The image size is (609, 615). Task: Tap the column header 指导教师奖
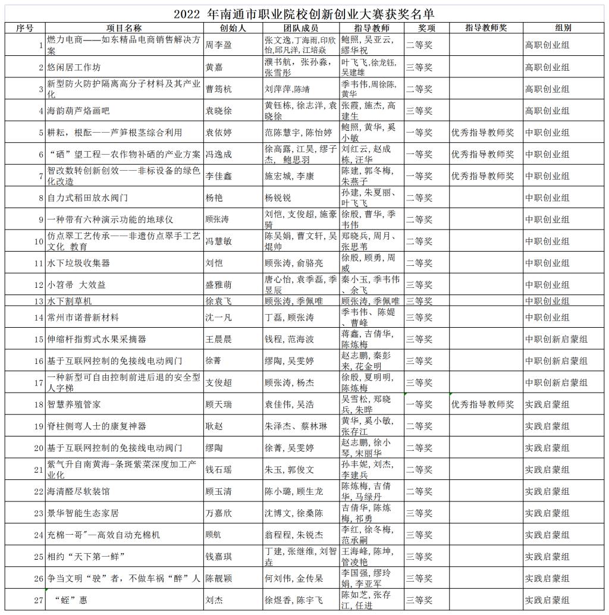click(486, 28)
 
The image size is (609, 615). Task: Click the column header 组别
click(563, 28)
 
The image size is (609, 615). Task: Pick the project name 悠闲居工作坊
click(74, 67)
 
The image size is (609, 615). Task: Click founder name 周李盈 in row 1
click(218, 45)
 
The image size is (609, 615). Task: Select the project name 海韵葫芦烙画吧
click(79, 111)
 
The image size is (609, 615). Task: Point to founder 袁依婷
click(218, 133)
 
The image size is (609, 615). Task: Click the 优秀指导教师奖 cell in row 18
click(482, 404)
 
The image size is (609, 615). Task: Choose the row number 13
click(39, 301)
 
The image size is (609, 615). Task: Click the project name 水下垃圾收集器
click(79, 263)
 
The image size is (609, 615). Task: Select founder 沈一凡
click(218, 318)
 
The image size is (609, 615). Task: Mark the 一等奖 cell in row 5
click(419, 133)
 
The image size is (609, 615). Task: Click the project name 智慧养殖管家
click(74, 404)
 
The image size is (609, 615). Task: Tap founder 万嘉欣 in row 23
click(218, 513)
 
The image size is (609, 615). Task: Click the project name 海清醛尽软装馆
click(79, 491)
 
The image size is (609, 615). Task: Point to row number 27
click(39, 600)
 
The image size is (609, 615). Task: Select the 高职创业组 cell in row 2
click(547, 67)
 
